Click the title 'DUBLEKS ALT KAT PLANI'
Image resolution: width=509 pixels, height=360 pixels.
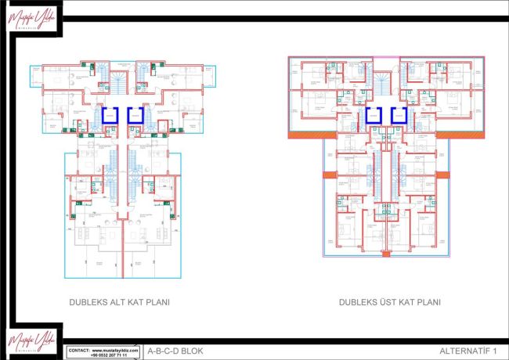pos(119,301)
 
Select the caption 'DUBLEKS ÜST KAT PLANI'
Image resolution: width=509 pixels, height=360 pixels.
pos(390,301)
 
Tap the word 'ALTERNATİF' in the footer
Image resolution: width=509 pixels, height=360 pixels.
pos(465,351)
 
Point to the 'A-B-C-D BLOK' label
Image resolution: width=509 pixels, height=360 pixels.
pos(170,351)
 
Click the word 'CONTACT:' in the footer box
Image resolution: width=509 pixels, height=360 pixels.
pos(79,349)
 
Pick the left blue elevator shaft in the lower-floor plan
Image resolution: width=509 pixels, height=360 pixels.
pos(110,116)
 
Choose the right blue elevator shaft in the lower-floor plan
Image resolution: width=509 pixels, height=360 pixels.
pos(135,116)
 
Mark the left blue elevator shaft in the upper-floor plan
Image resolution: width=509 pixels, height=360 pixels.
pos(373,116)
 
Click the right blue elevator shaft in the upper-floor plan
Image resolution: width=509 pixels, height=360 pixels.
pos(396,116)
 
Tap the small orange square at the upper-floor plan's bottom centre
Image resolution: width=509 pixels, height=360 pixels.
pos(384,253)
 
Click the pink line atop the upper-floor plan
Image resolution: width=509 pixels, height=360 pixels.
pos(384,56)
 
